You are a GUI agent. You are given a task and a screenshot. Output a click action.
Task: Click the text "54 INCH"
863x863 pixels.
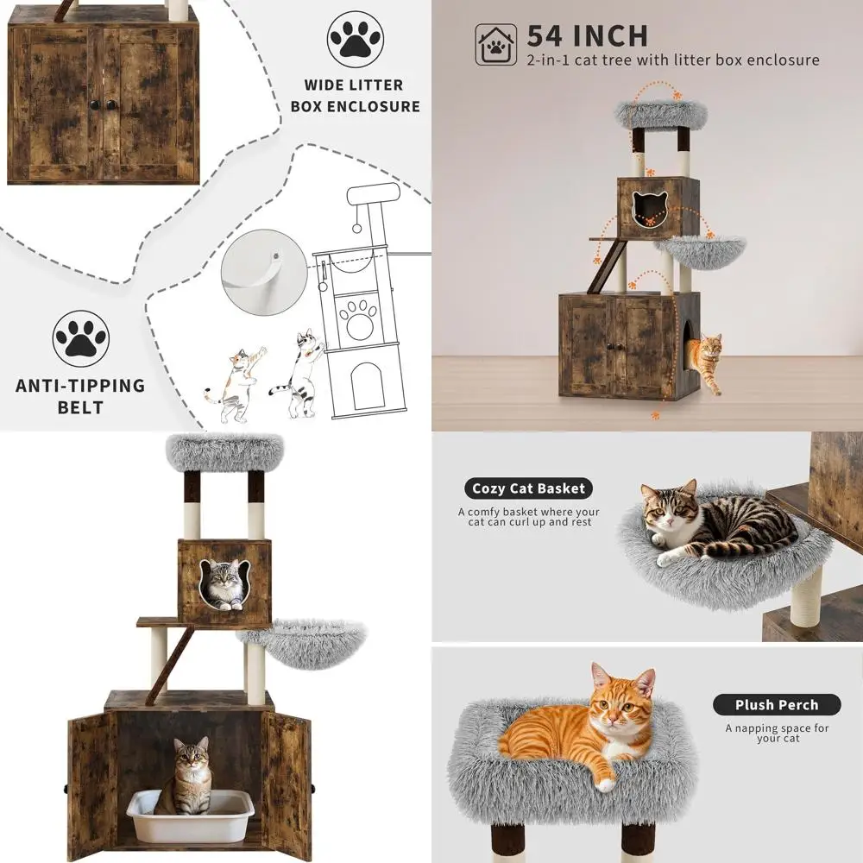(x=587, y=35)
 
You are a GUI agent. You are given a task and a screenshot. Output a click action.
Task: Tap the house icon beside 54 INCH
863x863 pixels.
(x=496, y=45)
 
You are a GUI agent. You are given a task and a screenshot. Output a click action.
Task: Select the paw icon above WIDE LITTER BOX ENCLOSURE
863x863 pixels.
(x=355, y=39)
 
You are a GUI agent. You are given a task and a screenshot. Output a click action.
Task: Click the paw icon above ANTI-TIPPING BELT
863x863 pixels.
(x=80, y=339)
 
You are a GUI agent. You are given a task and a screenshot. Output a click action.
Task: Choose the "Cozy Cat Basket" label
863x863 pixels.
(x=528, y=488)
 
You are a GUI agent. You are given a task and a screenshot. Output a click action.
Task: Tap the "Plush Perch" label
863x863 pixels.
(x=776, y=704)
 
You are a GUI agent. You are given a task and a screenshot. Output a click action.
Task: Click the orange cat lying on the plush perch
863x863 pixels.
(x=587, y=725)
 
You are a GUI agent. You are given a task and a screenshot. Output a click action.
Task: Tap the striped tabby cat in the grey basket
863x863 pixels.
(x=716, y=522)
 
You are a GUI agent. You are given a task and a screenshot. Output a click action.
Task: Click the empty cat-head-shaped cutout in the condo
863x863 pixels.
(x=646, y=210)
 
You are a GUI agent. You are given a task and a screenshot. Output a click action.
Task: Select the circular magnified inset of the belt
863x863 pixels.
(x=263, y=268)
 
